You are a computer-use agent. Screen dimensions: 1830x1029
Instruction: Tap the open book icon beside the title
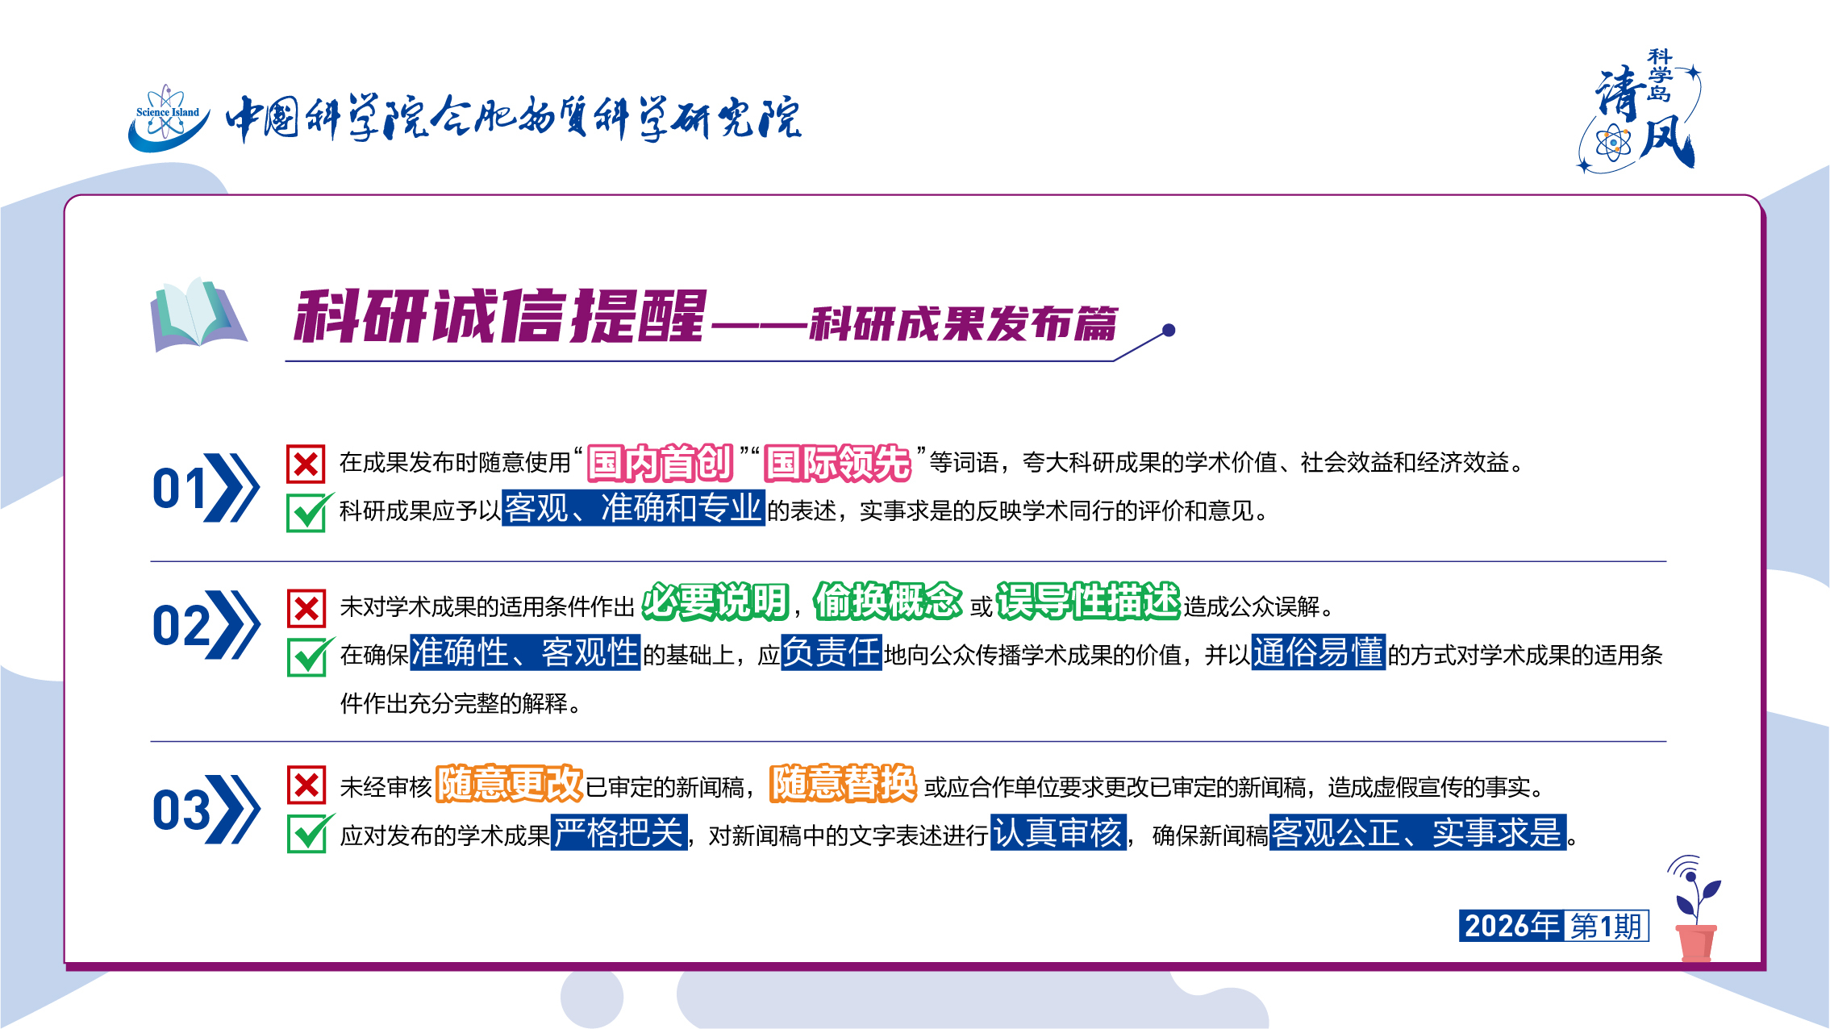point(198,315)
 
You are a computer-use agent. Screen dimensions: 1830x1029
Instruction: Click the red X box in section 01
point(306,464)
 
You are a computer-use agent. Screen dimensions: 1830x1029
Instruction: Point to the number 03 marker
point(181,810)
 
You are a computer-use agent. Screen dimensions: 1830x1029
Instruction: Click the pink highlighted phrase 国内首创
point(660,463)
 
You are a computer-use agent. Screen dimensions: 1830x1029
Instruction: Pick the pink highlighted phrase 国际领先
point(837,463)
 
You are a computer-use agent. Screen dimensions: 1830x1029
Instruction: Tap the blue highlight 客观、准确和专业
point(633,508)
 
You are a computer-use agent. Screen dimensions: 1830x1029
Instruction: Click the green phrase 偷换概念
point(887,602)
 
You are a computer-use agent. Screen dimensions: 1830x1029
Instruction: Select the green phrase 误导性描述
point(1088,602)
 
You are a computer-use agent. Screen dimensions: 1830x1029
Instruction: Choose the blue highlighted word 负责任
point(832,652)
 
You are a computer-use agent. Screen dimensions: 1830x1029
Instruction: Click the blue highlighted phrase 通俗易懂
point(1319,652)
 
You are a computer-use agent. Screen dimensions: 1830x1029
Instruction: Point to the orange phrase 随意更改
point(509,783)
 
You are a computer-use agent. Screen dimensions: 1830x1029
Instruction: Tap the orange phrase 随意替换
point(843,783)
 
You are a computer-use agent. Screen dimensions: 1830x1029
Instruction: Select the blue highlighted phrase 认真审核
point(1058,832)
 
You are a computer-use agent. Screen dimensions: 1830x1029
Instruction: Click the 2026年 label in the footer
point(1511,926)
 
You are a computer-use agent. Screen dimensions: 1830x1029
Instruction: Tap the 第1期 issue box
point(1607,926)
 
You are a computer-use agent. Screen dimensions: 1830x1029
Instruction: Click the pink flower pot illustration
point(1696,943)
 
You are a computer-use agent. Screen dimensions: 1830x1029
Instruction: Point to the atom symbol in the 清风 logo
point(1613,144)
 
